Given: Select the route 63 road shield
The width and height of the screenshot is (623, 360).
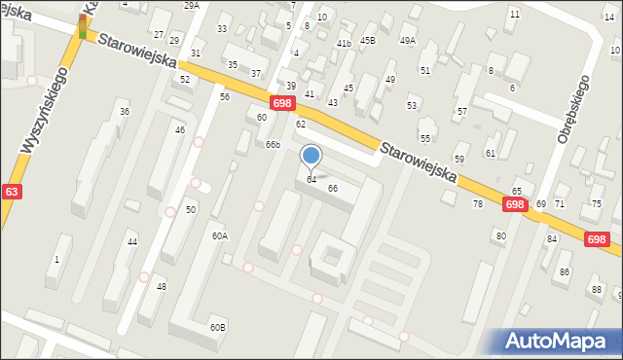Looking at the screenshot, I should tap(11, 192).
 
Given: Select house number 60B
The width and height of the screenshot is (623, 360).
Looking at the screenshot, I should tap(218, 328).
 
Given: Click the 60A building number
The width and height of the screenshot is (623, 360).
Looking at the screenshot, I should tap(220, 236).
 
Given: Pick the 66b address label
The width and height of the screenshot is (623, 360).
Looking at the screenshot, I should tap(274, 145).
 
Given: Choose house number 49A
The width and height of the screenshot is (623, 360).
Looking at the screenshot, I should tap(407, 40).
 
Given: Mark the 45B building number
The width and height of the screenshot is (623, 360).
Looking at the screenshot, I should tap(367, 40).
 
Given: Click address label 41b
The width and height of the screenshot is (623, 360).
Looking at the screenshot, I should tap(344, 44).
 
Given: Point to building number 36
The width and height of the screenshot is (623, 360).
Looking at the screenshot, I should tap(125, 112).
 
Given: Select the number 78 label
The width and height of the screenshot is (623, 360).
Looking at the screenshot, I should tap(478, 203).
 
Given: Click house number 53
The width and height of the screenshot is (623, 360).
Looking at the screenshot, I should tap(412, 105).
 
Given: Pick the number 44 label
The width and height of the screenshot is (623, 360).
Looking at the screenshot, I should tap(132, 241).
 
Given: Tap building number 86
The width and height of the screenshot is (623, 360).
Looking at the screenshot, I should tap(565, 271).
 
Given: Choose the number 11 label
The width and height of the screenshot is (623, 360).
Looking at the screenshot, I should tap(514, 15).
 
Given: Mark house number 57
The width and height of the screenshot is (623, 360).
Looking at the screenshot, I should tap(461, 112).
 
